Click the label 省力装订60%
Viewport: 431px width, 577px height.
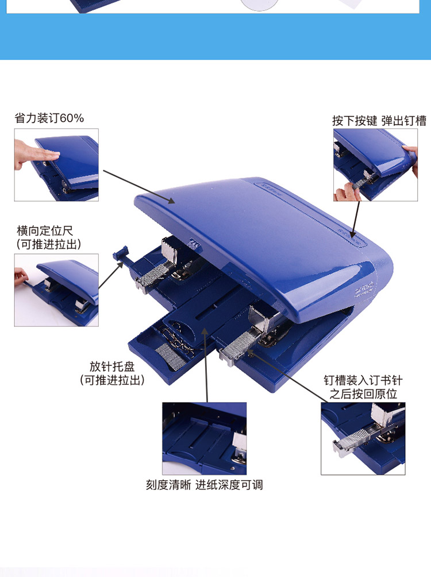point(49,118)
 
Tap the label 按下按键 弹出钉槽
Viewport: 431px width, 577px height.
point(379,120)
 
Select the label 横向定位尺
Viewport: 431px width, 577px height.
point(45,231)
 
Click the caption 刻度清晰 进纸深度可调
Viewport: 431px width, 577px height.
point(204,485)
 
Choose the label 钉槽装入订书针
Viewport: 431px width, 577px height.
point(363,380)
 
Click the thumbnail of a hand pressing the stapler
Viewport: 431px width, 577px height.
point(56,165)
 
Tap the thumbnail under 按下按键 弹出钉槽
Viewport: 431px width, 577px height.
point(375,165)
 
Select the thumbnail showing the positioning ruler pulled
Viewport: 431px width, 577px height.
point(56,290)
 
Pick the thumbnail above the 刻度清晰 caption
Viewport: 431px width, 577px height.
point(204,438)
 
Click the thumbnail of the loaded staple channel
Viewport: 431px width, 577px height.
point(363,438)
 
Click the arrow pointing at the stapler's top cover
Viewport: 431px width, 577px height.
point(139,186)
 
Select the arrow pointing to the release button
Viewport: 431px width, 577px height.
point(355,220)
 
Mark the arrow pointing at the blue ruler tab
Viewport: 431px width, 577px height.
point(111,276)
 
